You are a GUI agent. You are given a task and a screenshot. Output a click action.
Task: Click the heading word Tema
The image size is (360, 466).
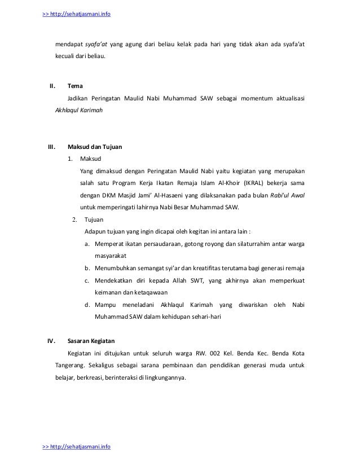click(75, 86)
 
